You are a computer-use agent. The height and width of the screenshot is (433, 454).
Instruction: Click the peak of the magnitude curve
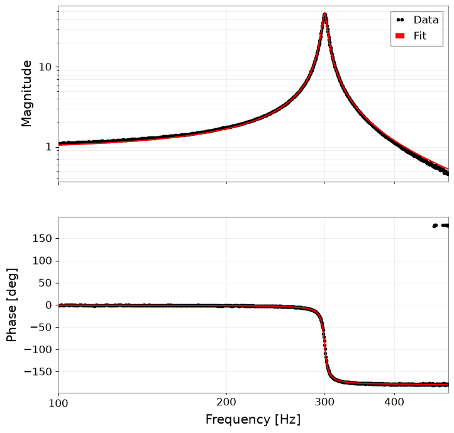(x=324, y=14)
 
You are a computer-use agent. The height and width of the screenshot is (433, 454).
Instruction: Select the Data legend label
(x=426, y=20)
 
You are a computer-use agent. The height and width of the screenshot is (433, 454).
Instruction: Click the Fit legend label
(x=420, y=36)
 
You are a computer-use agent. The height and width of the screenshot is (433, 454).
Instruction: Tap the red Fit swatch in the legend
(x=400, y=36)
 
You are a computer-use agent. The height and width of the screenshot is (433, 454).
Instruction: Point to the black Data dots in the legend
(x=400, y=20)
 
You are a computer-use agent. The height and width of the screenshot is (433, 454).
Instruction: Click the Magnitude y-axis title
(x=26, y=94)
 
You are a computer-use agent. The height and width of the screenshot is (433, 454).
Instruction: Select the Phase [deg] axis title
(x=11, y=305)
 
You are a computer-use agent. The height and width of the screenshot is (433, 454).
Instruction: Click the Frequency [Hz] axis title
(x=253, y=419)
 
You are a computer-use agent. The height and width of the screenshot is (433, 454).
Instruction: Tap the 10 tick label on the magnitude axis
(x=45, y=67)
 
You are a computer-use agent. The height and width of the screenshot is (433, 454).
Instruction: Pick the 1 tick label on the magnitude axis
(x=48, y=147)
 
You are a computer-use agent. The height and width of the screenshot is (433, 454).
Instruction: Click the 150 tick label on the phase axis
(x=42, y=239)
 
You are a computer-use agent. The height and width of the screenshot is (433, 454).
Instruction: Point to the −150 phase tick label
(x=38, y=371)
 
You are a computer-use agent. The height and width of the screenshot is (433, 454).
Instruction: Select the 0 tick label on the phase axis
(x=48, y=305)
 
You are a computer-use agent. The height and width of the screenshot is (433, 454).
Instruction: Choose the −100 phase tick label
(x=38, y=349)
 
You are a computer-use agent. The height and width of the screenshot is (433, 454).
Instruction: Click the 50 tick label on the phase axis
(x=45, y=283)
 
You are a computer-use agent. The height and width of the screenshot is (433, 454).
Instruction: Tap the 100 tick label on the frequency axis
(x=58, y=402)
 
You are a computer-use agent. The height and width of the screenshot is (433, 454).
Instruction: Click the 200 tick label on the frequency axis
(x=226, y=402)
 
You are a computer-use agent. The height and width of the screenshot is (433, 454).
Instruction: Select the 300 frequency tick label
(x=324, y=402)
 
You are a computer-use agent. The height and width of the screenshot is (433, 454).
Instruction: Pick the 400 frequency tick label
(x=394, y=402)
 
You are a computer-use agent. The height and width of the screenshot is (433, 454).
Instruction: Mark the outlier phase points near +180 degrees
(x=441, y=226)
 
